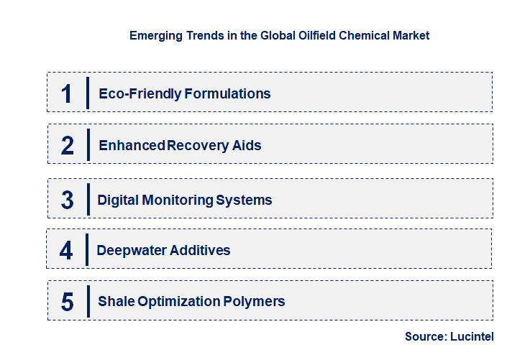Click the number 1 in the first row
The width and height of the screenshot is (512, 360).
(x=67, y=93)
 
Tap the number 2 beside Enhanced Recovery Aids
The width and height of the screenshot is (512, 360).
(x=68, y=145)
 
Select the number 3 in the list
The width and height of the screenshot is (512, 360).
(x=68, y=200)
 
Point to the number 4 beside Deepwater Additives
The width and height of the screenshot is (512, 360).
(x=67, y=251)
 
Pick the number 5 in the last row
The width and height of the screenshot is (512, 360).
(x=68, y=302)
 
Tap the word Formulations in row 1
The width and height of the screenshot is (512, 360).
(x=227, y=93)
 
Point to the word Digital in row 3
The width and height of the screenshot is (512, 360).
(x=118, y=200)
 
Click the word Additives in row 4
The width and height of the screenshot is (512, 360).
(x=201, y=251)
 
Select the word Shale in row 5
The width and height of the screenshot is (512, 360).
(x=116, y=302)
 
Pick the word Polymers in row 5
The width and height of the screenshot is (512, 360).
(x=255, y=302)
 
